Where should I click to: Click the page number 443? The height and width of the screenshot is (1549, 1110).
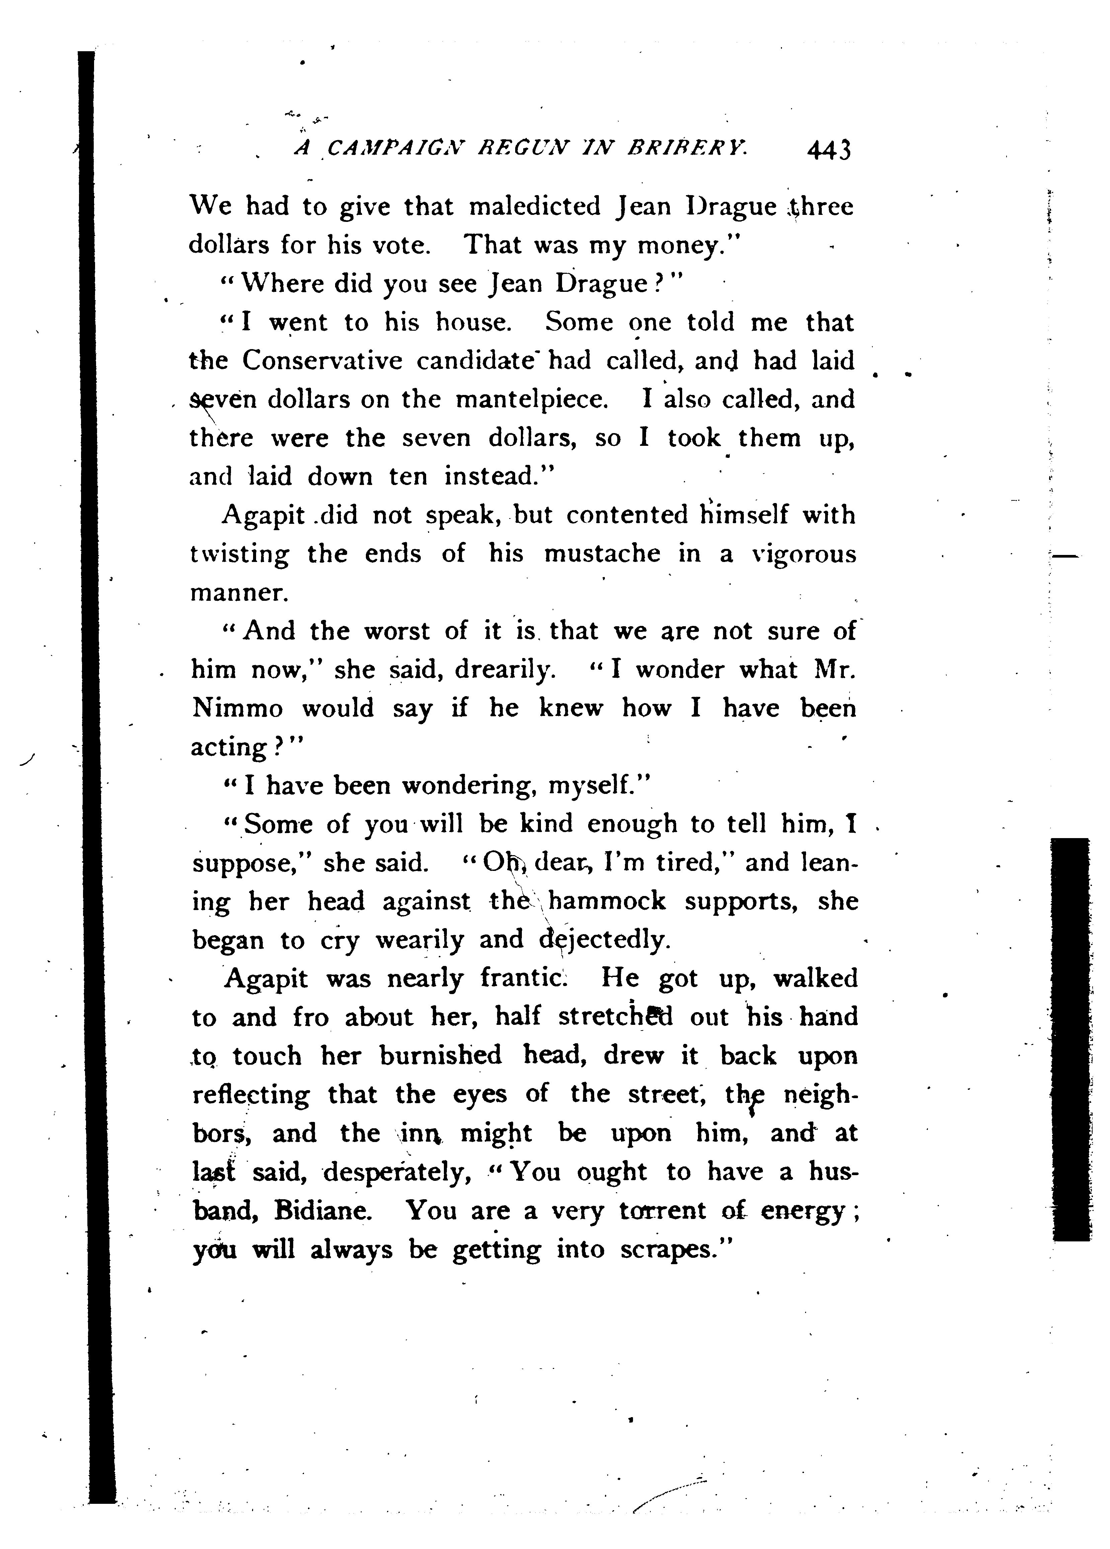pyautogui.click(x=828, y=149)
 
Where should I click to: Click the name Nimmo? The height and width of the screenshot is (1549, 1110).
pyautogui.click(x=236, y=708)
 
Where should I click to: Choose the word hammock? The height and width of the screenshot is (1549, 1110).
pyautogui.click(x=607, y=902)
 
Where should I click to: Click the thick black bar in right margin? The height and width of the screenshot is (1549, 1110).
pyautogui.click(x=1071, y=1038)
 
